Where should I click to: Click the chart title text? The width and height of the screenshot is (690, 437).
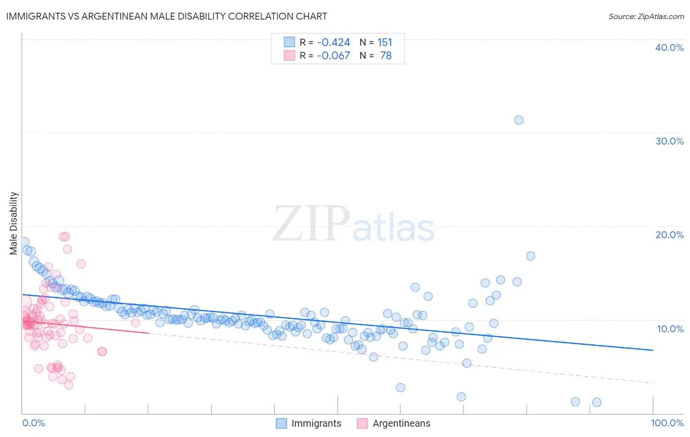pos(165,16)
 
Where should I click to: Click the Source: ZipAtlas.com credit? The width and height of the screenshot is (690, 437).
pos(646,16)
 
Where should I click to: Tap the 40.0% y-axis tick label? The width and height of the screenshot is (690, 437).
pos(669,48)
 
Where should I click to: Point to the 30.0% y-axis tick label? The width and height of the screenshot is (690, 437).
pos(669,141)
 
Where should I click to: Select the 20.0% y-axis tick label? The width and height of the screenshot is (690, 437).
pos(669,235)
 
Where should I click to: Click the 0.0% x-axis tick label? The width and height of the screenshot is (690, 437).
pos(33,423)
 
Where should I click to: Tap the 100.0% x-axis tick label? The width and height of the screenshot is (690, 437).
pos(667,423)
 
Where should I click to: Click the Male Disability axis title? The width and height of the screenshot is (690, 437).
pos(14,223)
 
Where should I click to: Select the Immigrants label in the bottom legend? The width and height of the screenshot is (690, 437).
pos(316,423)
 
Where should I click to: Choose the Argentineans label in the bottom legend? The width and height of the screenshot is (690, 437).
pos(401,423)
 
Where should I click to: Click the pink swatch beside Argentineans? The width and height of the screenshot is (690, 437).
pos(362,423)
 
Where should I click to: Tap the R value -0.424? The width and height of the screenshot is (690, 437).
pos(333,43)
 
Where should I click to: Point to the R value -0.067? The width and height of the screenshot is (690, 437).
pos(333,56)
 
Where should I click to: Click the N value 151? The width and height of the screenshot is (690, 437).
pos(385,43)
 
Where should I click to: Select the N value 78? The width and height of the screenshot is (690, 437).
pos(386,56)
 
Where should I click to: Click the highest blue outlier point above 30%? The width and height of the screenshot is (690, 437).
pos(519,120)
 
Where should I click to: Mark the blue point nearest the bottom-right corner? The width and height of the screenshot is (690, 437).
pos(597,402)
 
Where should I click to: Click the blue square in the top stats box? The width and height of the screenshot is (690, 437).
pos(290,42)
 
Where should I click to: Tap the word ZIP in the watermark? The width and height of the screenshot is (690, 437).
pos(311,224)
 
